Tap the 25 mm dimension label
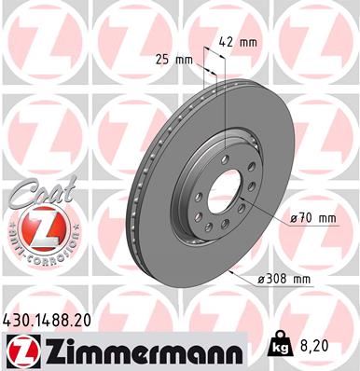176,60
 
